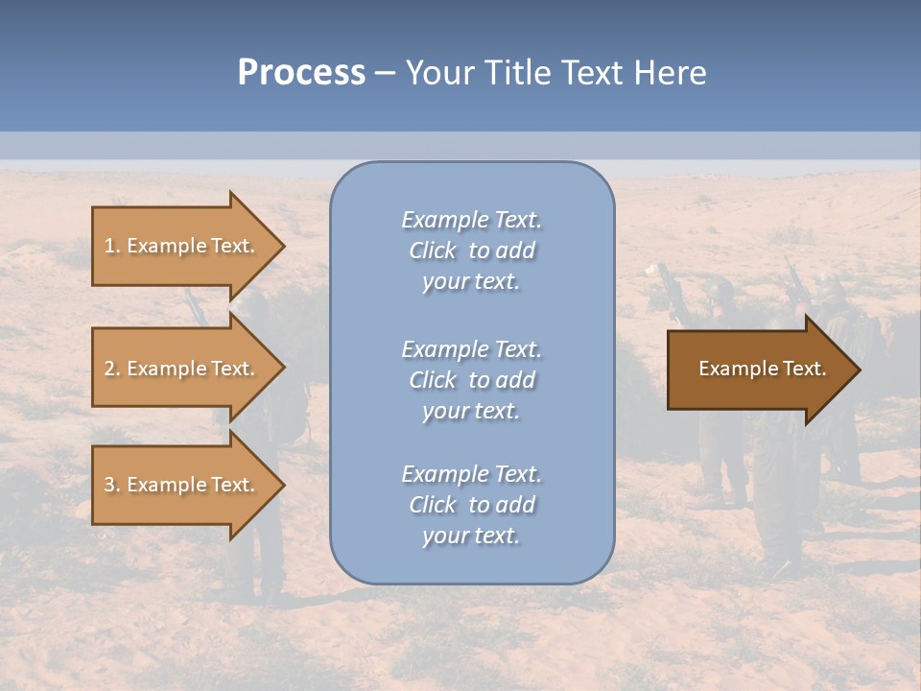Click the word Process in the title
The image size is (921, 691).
coord(301,73)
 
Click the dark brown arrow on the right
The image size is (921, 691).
coord(758,369)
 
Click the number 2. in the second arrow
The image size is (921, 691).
coord(112,369)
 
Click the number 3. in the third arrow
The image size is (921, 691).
coord(112,485)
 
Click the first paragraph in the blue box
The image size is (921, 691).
coord(471,250)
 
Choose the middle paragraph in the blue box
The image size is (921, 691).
coord(471,380)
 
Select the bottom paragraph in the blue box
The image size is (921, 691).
coord(471,505)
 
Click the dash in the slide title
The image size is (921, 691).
coord(386,73)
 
